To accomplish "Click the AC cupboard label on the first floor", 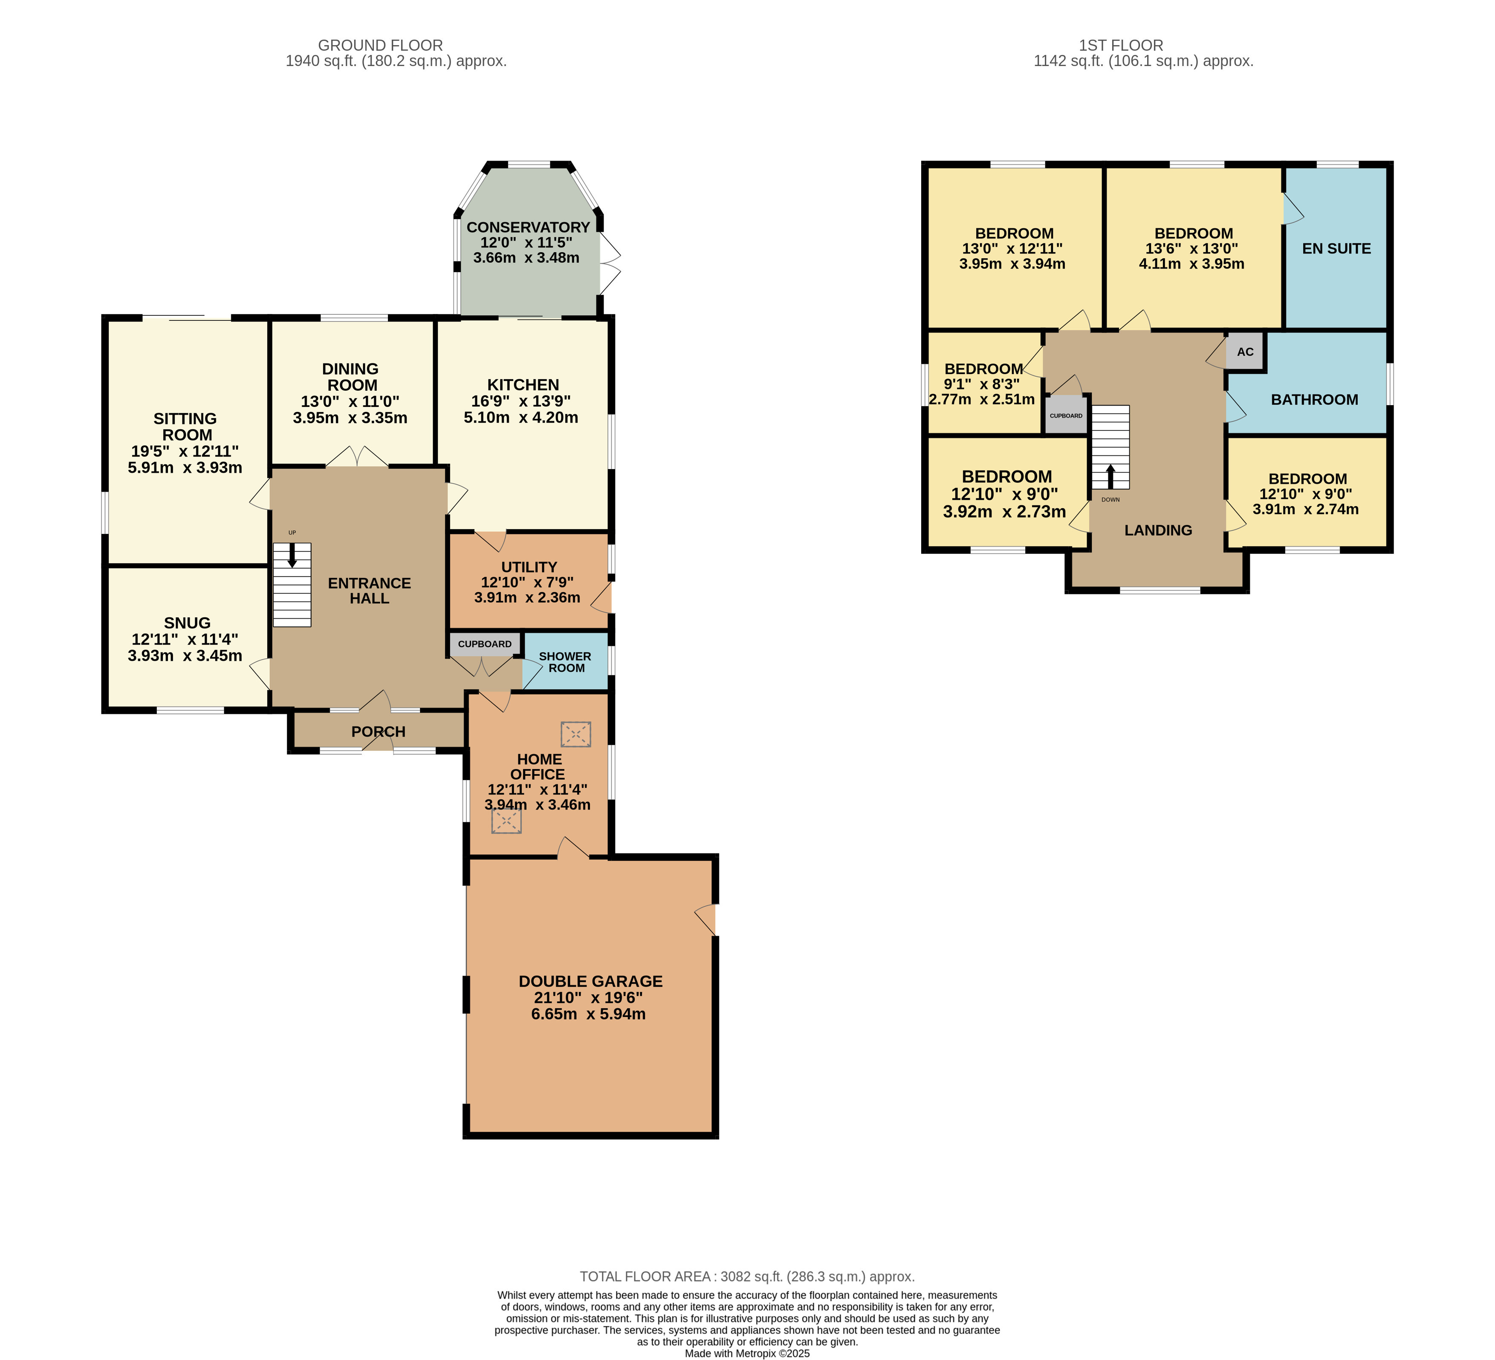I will coord(1245,352).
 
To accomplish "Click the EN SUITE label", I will coord(1336,249).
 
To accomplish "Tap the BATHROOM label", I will coord(1314,400).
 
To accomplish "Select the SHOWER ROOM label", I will coord(565,662).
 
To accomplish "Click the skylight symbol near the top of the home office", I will coord(575,735).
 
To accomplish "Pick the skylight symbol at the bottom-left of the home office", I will coord(506,821).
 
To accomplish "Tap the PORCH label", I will coord(378,732).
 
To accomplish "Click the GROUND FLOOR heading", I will coord(380,45).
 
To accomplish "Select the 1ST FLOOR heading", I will coord(1121,45).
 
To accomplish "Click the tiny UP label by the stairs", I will coord(292,533).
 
